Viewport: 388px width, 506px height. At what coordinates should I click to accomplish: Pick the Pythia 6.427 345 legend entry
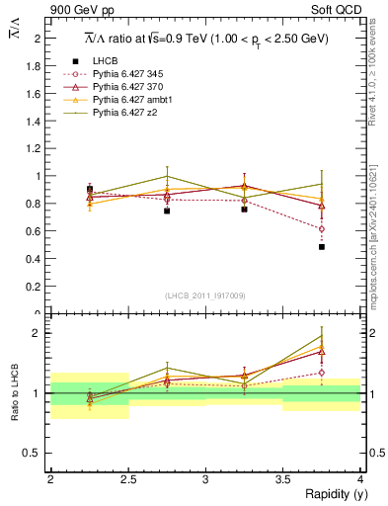pos(135,74)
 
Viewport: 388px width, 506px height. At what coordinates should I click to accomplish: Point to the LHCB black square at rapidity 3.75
pos(322,247)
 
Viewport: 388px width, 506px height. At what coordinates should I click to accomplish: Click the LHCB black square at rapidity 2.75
pos(167,211)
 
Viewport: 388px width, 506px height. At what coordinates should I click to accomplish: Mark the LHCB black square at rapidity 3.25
pos(244,210)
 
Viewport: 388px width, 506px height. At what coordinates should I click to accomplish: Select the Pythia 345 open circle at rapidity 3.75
pos(322,229)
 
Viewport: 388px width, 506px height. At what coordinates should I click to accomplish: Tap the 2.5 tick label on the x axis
pos(128,479)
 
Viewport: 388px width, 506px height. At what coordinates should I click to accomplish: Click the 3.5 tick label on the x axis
pos(283,479)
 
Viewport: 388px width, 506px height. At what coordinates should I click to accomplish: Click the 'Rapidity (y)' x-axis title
pos(331,494)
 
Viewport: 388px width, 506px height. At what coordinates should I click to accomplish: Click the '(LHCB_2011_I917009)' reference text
pos(205,295)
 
